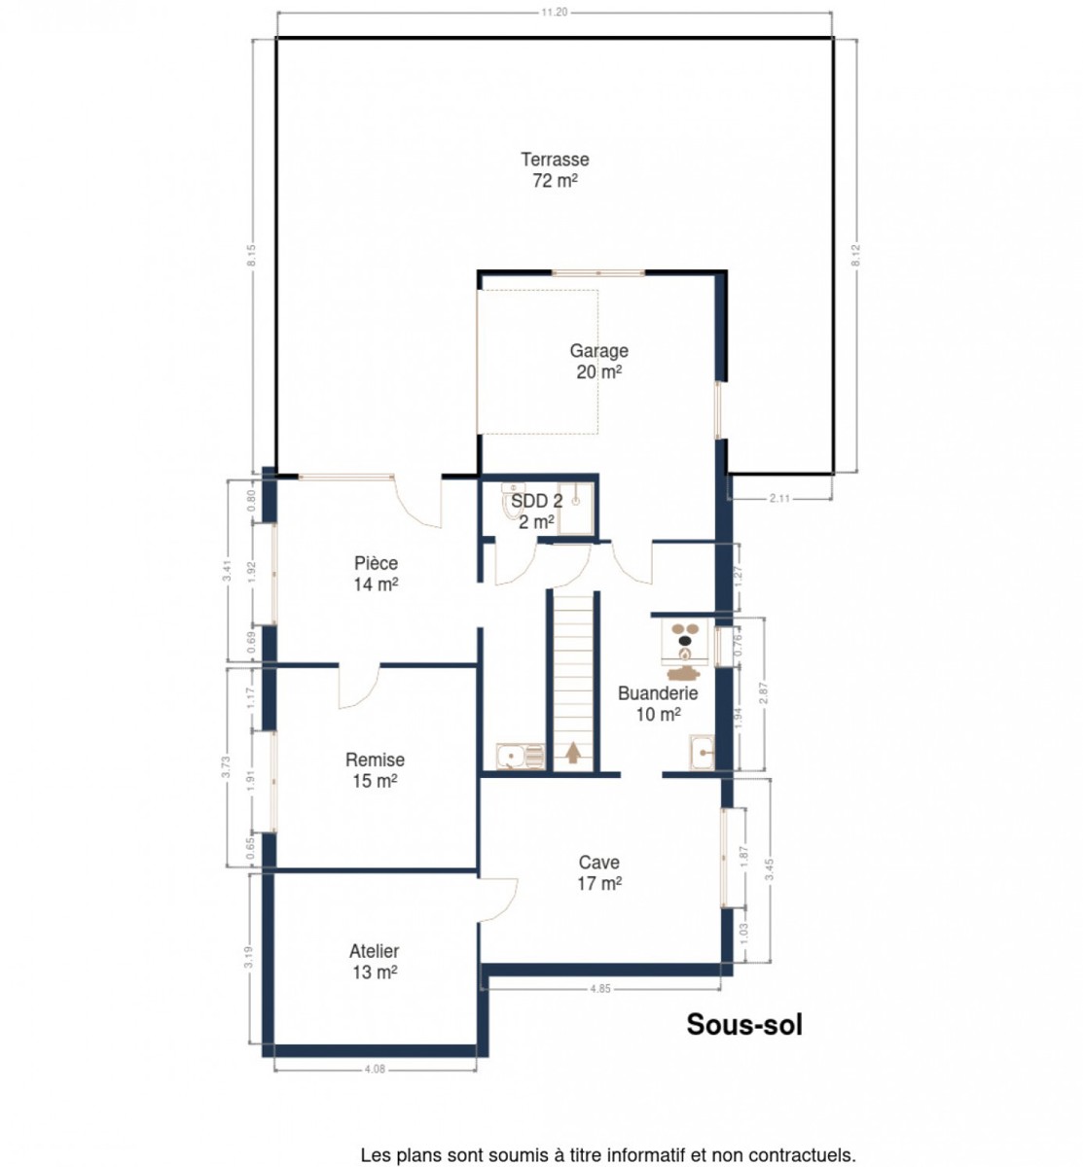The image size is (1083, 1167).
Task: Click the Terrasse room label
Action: (x=555, y=170)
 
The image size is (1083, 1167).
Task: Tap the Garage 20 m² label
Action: (x=598, y=362)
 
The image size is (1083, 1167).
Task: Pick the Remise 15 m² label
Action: (x=375, y=770)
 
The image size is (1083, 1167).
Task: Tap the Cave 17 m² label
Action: (x=598, y=872)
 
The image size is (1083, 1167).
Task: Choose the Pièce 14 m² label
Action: (x=376, y=574)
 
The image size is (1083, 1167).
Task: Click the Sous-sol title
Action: (x=743, y=1024)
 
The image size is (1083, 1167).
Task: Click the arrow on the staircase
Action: (x=572, y=752)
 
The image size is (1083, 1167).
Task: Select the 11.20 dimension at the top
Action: (x=554, y=13)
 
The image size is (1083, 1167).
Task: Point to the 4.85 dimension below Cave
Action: (x=600, y=989)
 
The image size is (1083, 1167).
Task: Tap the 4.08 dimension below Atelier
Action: (x=375, y=1069)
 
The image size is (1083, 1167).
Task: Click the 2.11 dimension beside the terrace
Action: (x=779, y=499)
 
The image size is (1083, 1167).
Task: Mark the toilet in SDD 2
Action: (x=510, y=501)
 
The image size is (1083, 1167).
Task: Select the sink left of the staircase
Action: (x=520, y=757)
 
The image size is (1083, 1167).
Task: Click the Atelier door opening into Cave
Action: (x=497, y=899)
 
